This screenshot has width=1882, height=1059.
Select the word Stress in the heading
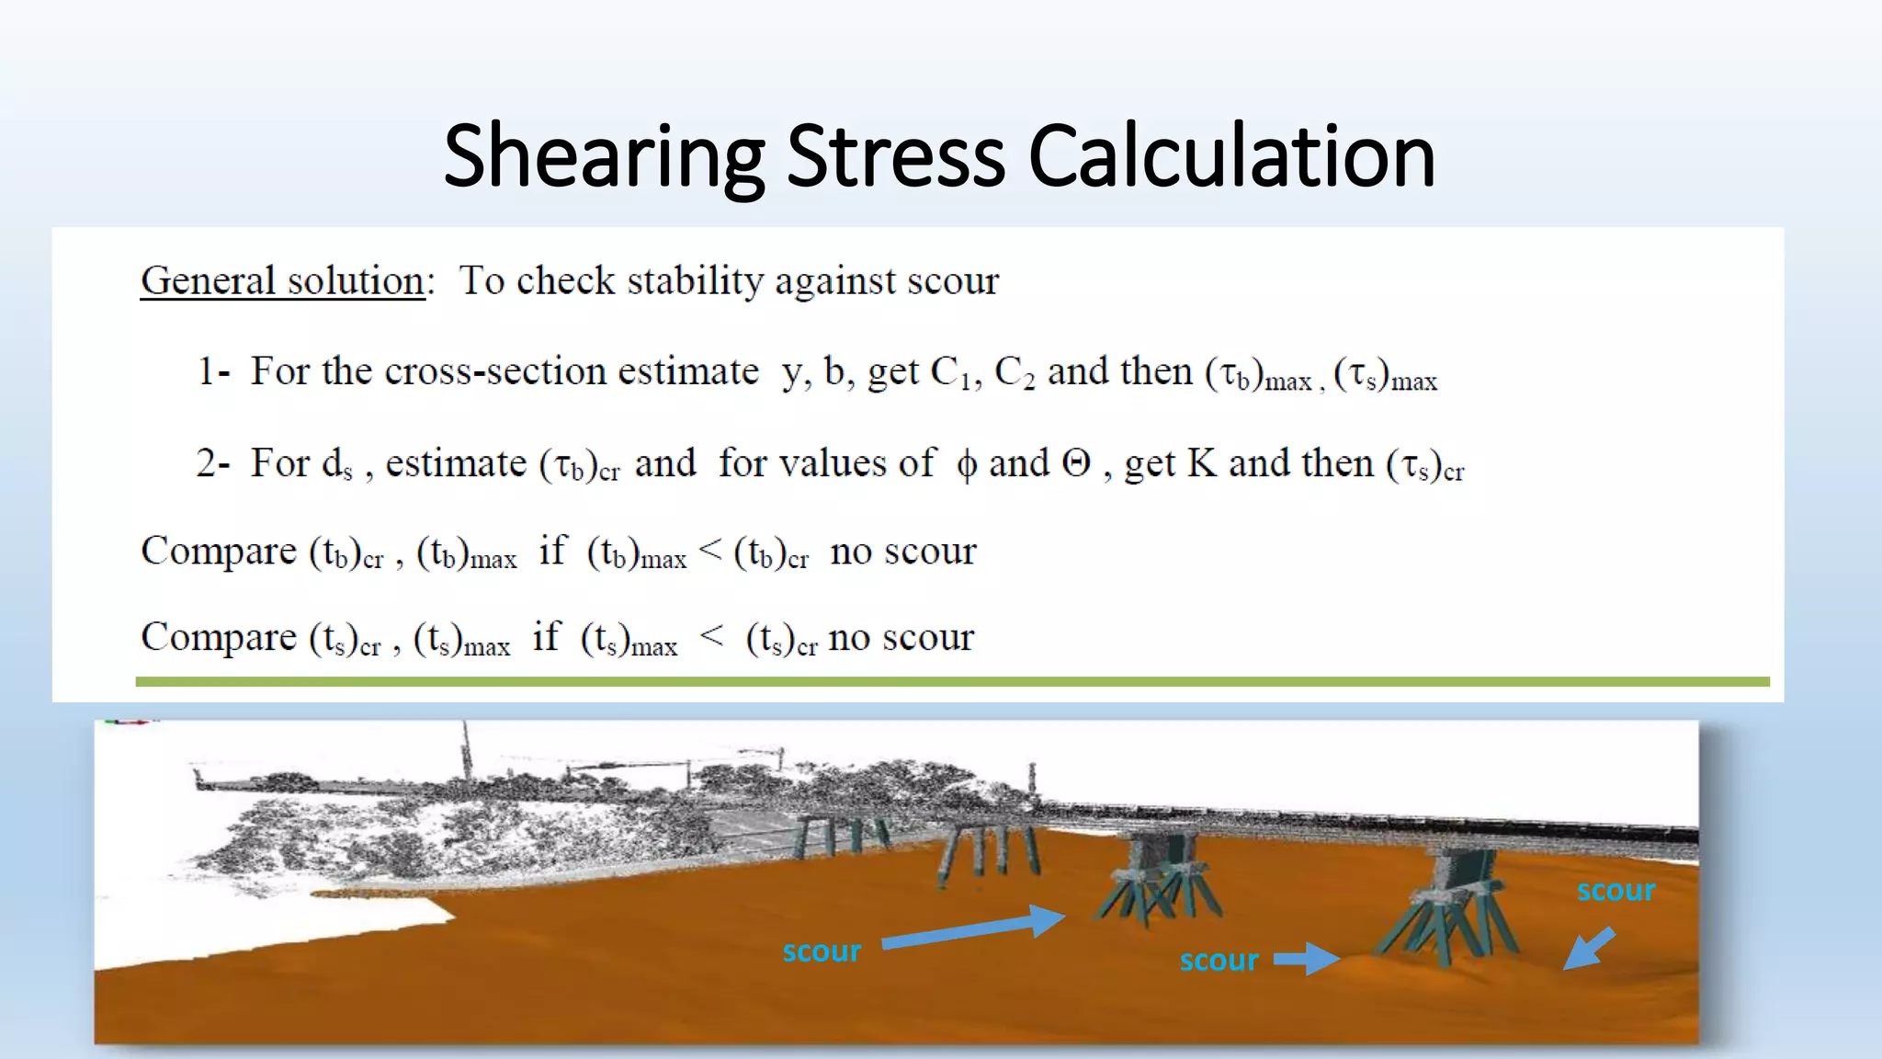tap(896, 157)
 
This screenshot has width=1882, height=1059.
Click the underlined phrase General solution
tap(282, 280)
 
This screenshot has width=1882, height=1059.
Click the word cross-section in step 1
tap(495, 371)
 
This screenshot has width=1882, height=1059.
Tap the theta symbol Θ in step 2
tap(1076, 462)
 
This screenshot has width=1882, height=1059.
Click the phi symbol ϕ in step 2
tap(966, 464)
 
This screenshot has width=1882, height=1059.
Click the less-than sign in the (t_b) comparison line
tap(710, 550)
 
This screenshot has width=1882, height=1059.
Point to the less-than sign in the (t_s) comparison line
tap(712, 635)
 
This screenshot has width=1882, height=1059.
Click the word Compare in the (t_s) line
tap(219, 637)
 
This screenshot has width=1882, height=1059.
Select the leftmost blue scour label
tap(822, 951)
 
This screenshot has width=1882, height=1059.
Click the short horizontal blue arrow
tap(1306, 960)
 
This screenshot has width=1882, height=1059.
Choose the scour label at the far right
tap(1616, 890)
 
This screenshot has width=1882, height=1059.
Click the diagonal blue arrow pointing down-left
tap(1589, 949)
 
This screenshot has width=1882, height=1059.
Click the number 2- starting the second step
tap(212, 462)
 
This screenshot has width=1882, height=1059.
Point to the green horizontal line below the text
tap(952, 682)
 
